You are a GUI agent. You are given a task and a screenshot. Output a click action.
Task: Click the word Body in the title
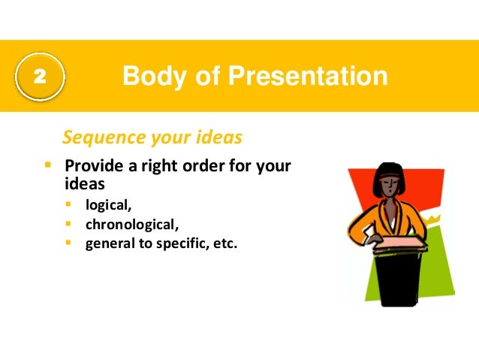150,77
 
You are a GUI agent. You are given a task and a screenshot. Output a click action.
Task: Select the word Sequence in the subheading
98,138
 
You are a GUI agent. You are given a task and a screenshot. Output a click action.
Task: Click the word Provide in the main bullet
92,167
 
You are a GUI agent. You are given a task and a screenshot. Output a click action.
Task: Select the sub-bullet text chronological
131,223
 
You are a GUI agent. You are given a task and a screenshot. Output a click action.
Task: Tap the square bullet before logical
69,204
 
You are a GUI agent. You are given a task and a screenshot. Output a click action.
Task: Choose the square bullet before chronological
69,223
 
